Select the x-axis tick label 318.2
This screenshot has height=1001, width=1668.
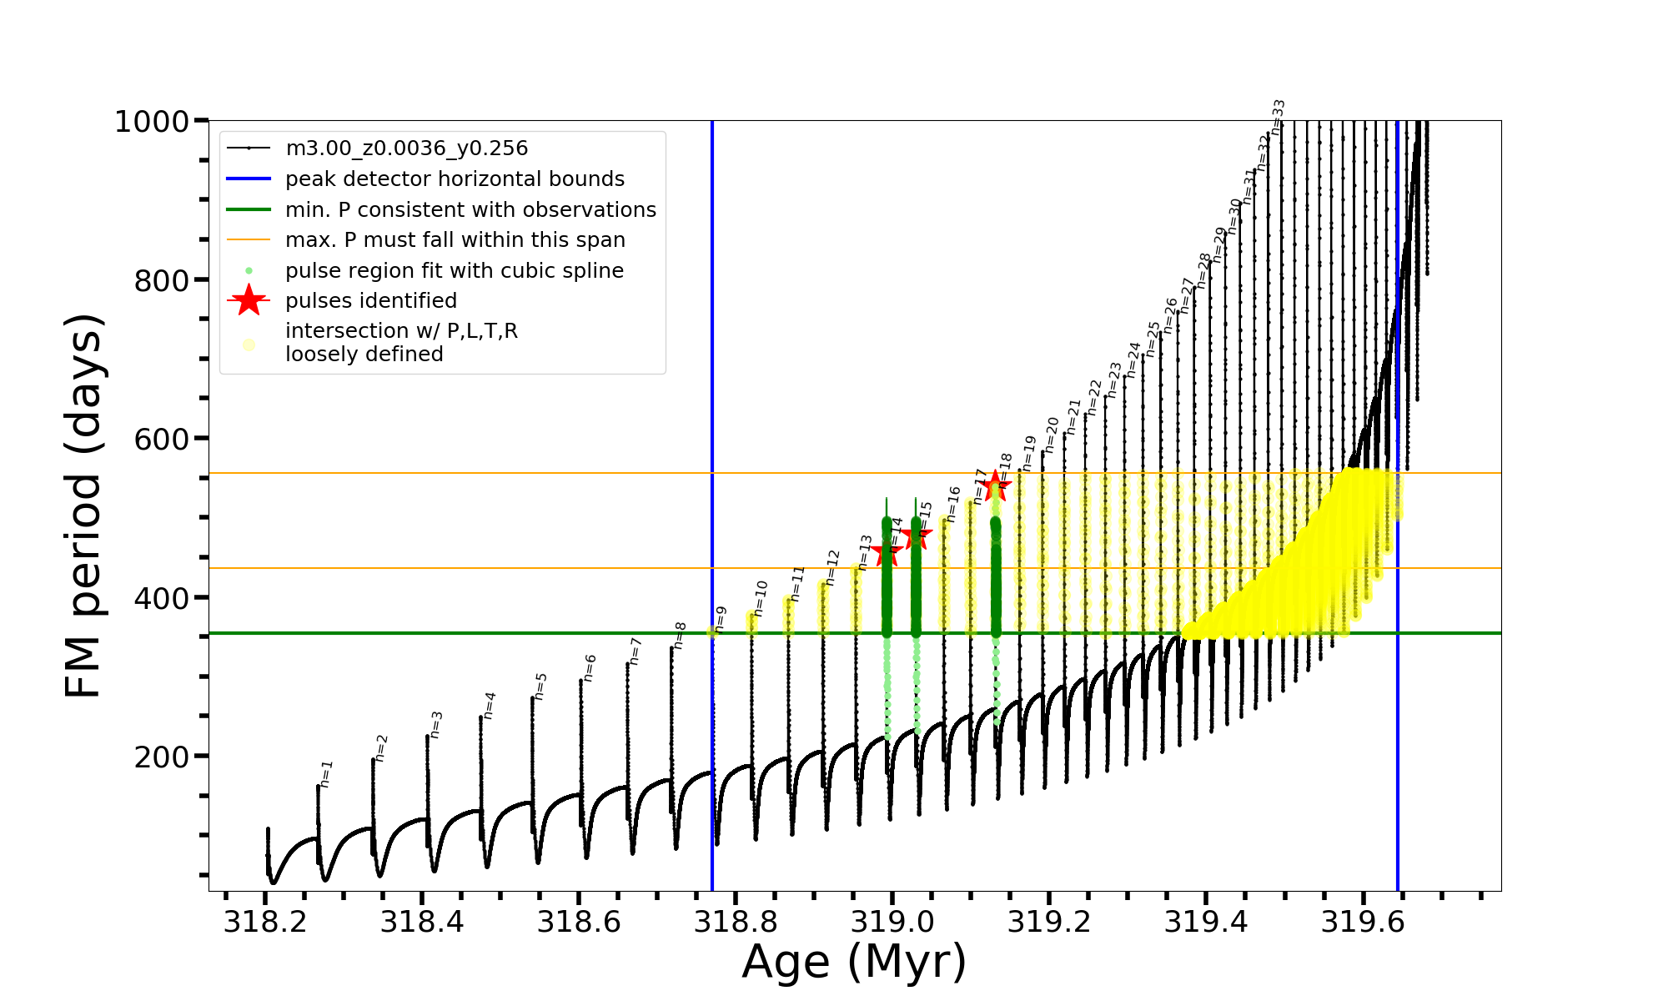click(x=264, y=922)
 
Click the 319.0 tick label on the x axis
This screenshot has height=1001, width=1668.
click(x=892, y=922)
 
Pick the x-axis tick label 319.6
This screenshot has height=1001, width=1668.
click(x=1364, y=922)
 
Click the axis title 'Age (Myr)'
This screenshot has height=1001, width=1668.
click(x=854, y=962)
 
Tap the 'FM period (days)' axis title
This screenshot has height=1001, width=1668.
click(x=83, y=506)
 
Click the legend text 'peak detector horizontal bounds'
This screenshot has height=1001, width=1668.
click(x=455, y=179)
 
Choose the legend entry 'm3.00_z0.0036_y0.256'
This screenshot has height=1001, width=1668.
click(x=406, y=148)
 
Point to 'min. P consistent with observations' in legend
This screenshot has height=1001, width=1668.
click(x=470, y=210)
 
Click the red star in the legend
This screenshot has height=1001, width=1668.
click(x=249, y=300)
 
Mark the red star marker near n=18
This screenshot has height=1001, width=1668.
click(x=994, y=485)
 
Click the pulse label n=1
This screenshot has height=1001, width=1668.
click(x=326, y=773)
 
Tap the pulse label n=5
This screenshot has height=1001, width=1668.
click(x=540, y=686)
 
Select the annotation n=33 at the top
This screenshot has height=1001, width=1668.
click(x=1278, y=115)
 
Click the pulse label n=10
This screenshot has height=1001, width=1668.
click(x=760, y=597)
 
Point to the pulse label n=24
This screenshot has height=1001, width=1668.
click(x=1133, y=359)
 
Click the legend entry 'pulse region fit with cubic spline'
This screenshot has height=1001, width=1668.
click(x=454, y=271)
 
